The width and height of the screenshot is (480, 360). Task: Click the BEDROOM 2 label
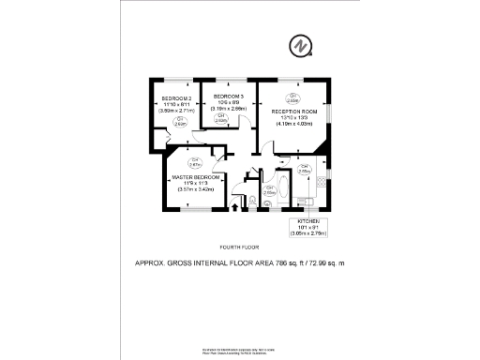(x=176, y=98)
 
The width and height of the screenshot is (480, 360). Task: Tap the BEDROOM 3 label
(x=228, y=97)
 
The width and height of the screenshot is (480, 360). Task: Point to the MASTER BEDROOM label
(x=196, y=176)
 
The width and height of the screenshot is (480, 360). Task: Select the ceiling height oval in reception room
(x=293, y=96)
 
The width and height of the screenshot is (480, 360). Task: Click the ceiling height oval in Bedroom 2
(x=179, y=120)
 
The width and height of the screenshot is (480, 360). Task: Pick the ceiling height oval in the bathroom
(x=270, y=189)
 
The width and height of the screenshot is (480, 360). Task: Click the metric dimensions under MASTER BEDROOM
(x=196, y=189)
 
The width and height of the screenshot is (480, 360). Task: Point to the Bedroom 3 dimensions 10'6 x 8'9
(x=228, y=103)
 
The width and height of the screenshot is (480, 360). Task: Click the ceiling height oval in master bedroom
(x=195, y=161)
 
